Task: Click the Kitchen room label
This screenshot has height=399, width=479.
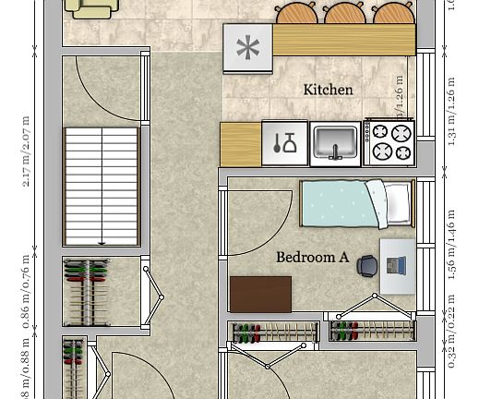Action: (328, 90)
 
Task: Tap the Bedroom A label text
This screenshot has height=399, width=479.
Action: (312, 257)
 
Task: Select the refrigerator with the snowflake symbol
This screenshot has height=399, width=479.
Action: (247, 48)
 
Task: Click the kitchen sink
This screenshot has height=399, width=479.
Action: (335, 143)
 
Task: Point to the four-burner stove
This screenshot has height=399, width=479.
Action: (389, 143)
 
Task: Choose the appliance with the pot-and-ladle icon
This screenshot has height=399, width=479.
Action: (284, 143)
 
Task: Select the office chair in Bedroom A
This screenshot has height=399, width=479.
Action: (367, 266)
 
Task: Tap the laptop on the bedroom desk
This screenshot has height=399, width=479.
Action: (396, 266)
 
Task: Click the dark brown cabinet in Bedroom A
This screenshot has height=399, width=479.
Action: (260, 295)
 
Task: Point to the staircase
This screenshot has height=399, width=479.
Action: (102, 187)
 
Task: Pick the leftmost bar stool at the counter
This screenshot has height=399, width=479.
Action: (296, 13)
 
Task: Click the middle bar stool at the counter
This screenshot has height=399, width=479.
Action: (344, 13)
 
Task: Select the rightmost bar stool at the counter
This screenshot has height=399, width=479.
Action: (392, 13)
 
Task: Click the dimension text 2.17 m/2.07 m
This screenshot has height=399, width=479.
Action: (26, 151)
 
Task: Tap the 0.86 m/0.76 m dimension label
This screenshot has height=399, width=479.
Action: (26, 292)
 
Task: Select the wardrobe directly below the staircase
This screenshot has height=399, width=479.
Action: (86, 293)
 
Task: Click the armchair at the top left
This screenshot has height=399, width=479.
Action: (92, 7)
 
